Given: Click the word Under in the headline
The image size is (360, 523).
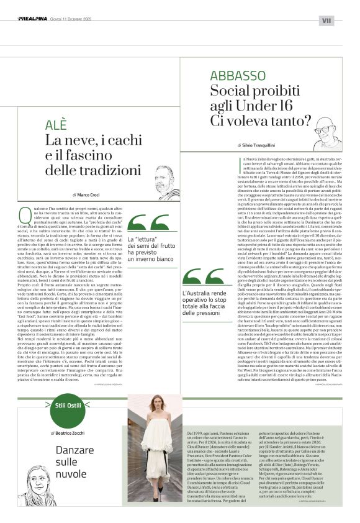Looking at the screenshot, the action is (254, 106).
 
